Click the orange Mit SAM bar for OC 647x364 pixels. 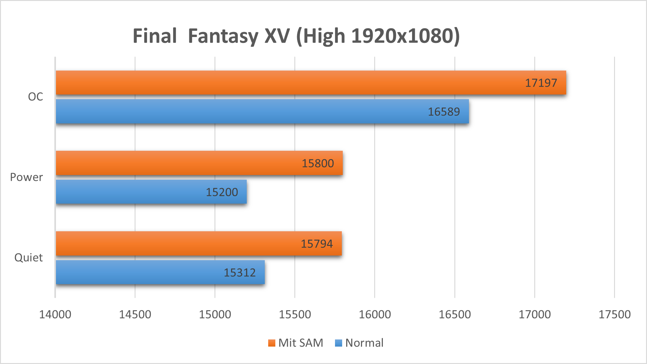coord(311,83)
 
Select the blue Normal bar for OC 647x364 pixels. coord(262,111)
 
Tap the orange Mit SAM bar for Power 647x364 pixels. coord(199,163)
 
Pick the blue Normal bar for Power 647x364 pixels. coord(151,192)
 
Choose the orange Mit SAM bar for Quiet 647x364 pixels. coord(199,243)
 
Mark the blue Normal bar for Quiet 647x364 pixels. coord(160,272)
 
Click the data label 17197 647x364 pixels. coord(541,83)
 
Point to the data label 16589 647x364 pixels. coord(444,112)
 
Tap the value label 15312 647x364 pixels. coord(240,273)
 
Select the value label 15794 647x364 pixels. coord(317,244)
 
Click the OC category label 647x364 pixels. coord(35,97)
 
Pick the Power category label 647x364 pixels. coord(26,177)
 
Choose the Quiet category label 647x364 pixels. coord(29,258)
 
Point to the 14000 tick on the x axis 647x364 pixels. coord(55,315)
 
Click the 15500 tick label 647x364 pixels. coord(295,315)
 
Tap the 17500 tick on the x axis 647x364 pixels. coord(614,315)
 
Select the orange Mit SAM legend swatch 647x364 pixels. coord(272,343)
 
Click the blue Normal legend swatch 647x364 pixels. coord(338,343)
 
